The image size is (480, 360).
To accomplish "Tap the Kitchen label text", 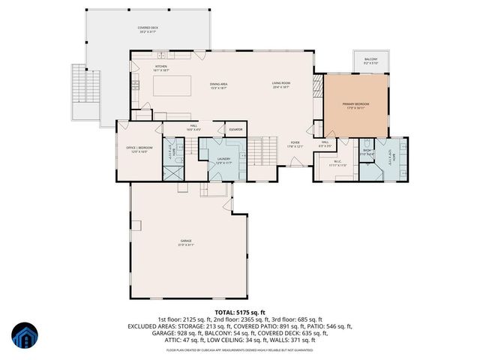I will click(x=161, y=67).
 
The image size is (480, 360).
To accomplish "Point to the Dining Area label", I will click(x=219, y=85).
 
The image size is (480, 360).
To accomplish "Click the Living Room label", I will click(x=280, y=85).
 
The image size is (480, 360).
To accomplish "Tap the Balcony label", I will click(x=370, y=61).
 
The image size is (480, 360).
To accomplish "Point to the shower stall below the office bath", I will click(x=173, y=169).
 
